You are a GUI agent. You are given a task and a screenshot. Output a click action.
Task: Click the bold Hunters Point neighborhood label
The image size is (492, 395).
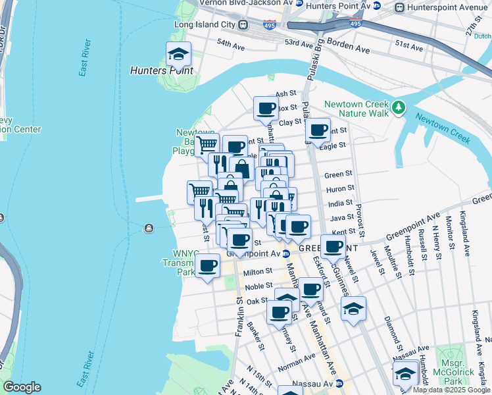coord(161,70)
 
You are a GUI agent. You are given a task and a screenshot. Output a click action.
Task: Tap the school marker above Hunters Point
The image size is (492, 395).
coord(178,53)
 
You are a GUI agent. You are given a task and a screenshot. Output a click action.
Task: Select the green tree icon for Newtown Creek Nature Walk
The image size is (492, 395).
coord(399,106)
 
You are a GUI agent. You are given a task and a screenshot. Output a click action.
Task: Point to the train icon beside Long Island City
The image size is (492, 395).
coord(243,25)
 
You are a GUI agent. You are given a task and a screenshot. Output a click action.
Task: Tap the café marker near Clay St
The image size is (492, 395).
coord(266,109)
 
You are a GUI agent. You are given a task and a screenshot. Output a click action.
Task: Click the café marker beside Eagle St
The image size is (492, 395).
coord(318,130)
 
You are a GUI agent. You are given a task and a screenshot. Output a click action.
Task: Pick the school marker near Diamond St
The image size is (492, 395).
coord(353,309)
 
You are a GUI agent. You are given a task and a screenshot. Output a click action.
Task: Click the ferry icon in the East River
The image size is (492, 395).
coord(150,228)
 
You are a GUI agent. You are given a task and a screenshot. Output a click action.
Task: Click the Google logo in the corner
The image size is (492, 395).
coord(21,386)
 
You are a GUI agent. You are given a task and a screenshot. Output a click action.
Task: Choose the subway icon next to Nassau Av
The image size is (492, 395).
coord(339,383)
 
